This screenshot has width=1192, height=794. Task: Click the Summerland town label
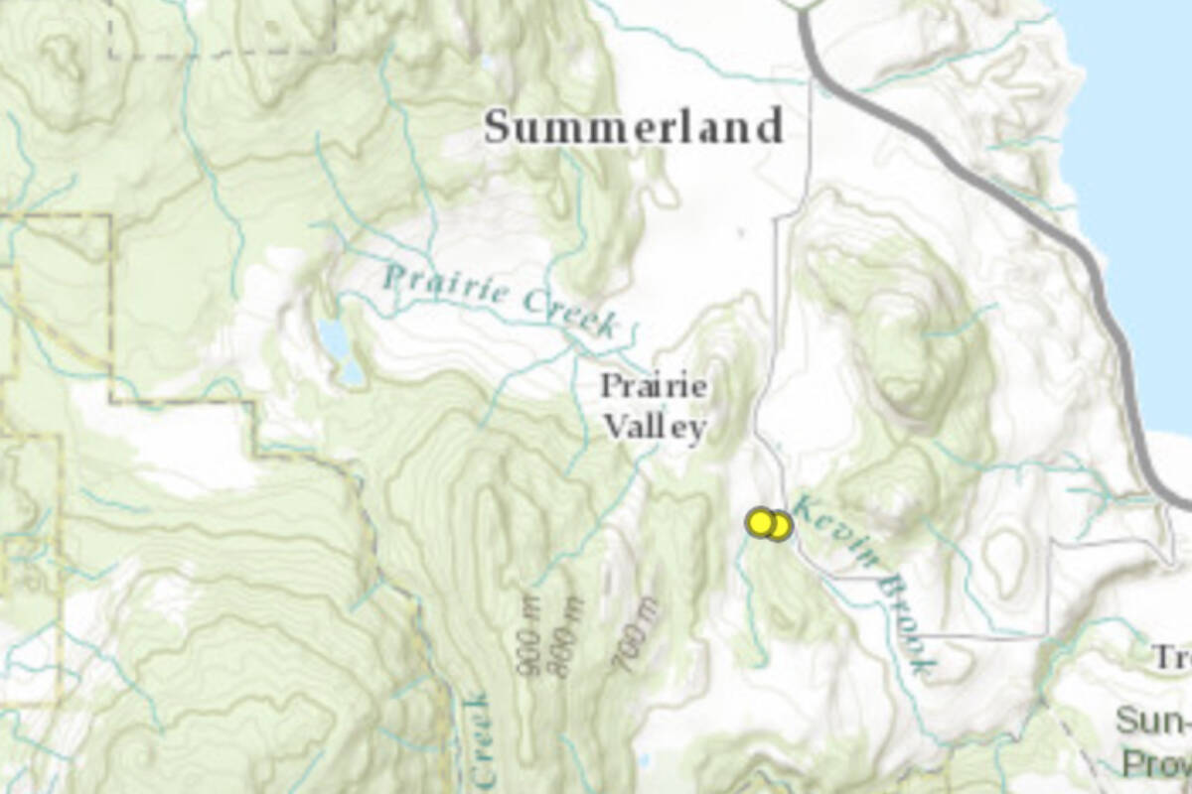(634, 128)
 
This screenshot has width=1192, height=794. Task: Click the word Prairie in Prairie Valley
(655, 386)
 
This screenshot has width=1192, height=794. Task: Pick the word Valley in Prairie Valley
(656, 428)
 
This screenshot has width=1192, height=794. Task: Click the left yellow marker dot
(761, 522)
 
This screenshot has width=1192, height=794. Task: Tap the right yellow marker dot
(780, 526)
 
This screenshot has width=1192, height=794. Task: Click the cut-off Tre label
(1170, 657)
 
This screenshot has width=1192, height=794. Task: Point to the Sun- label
(1152, 721)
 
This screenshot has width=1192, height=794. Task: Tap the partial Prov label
(1156, 763)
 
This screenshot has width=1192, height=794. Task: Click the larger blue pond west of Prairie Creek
(334, 339)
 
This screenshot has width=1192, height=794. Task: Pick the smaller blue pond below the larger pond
(351, 373)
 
